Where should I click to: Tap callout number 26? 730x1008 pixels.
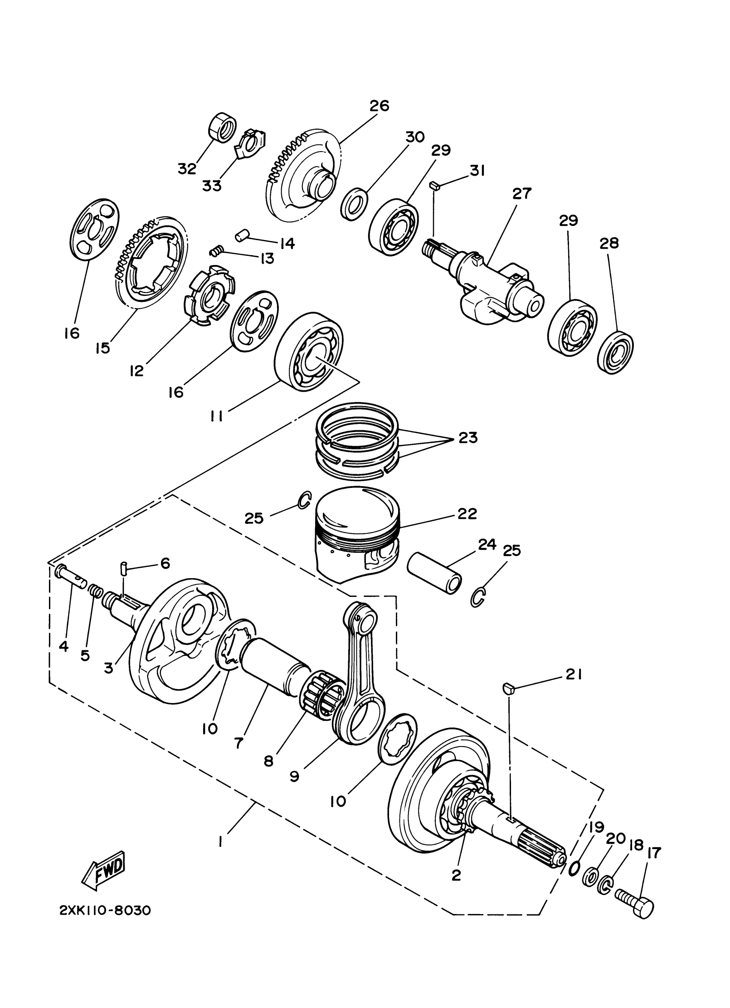[x=379, y=106]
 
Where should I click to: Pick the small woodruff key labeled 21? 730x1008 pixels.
[x=509, y=689]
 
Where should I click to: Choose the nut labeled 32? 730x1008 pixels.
[x=222, y=128]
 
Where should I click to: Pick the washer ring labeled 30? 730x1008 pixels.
[x=355, y=204]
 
